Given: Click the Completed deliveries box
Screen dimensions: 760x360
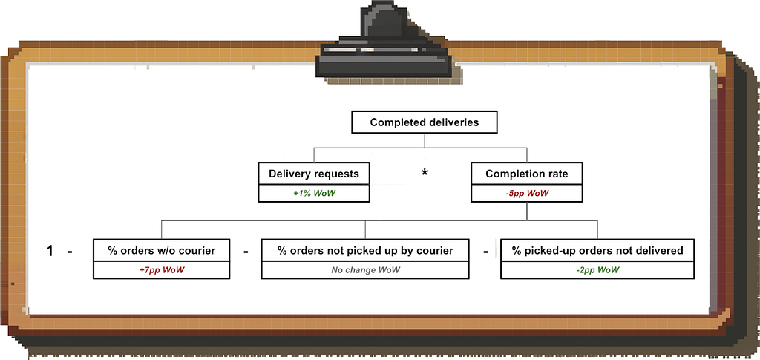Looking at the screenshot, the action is (x=424, y=122).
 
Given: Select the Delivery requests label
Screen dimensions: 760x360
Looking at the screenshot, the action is (x=314, y=174).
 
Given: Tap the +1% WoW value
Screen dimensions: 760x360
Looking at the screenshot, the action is (x=314, y=193).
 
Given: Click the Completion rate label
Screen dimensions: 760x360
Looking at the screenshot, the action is (x=527, y=174).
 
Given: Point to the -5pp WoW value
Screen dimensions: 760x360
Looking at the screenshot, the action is (x=527, y=193).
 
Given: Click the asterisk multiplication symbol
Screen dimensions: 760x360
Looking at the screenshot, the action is (x=425, y=173).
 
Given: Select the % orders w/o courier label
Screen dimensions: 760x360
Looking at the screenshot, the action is (x=161, y=250).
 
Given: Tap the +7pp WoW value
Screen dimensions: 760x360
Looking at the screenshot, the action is (x=161, y=270).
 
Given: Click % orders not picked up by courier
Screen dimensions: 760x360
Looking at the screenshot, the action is (x=365, y=250).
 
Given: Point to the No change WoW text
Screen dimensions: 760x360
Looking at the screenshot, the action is (x=365, y=270).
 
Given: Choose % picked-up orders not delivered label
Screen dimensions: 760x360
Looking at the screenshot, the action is (x=597, y=250).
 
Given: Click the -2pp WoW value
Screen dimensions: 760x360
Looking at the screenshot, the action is (x=597, y=270).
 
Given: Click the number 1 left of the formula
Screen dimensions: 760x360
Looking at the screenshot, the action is (x=50, y=252).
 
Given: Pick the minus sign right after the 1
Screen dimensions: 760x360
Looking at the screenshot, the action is (x=70, y=252).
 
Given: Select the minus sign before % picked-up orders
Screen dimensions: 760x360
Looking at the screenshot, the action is (x=485, y=252).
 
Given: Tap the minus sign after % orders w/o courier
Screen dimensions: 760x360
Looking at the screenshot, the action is (x=246, y=252).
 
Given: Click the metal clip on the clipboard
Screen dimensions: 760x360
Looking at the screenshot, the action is (x=384, y=40).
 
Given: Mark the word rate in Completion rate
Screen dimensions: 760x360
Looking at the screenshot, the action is (x=557, y=174).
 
